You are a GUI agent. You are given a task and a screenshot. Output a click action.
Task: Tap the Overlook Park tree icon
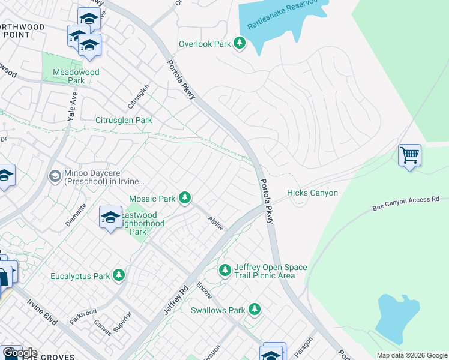(x=240, y=43)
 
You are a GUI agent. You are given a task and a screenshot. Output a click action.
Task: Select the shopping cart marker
(x=409, y=155)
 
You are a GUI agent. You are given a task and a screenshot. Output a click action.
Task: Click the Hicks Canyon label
(x=312, y=193)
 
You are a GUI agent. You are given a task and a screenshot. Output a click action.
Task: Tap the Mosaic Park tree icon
(x=185, y=197)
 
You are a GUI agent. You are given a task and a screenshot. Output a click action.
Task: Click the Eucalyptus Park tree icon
(x=119, y=275)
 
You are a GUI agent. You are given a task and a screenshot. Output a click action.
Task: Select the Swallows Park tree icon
(x=255, y=310)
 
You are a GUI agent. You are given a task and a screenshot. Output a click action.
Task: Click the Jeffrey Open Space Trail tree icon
(x=225, y=271)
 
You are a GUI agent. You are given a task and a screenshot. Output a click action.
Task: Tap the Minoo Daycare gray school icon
(x=55, y=175)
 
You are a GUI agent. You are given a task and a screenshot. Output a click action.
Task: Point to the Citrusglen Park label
(x=124, y=120)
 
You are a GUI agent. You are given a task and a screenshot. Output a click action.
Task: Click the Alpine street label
(x=216, y=223)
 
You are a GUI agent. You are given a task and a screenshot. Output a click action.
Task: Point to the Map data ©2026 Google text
(x=411, y=355)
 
